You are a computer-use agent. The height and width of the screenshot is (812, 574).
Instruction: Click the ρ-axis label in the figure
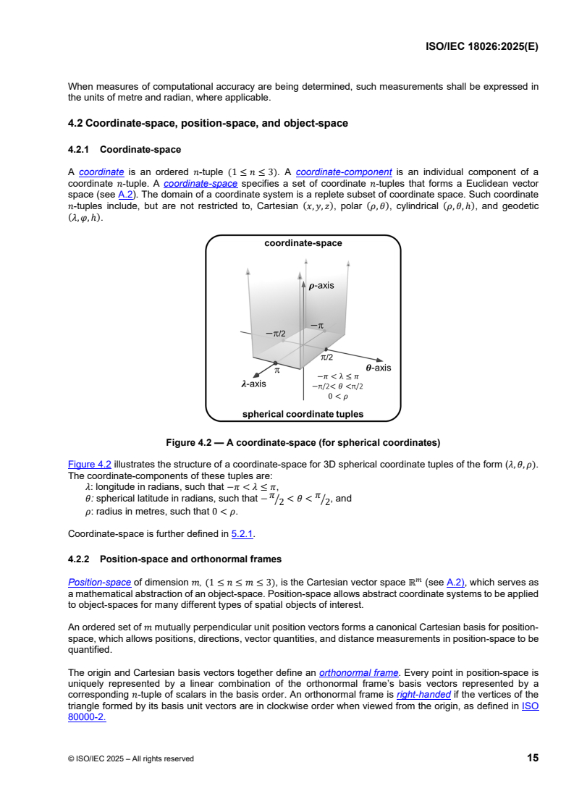click(x=319, y=286)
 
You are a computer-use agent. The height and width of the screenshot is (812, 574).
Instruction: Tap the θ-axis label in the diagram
click(x=378, y=368)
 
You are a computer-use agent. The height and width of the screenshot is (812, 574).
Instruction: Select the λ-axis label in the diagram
click(x=253, y=384)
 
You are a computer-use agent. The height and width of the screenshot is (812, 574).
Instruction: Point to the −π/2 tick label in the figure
click(x=276, y=333)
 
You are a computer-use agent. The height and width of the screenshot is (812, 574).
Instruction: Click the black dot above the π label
click(x=275, y=362)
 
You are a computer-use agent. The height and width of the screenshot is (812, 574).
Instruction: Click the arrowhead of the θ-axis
click(x=377, y=359)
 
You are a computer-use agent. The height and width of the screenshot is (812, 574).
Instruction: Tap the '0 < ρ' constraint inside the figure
click(x=338, y=397)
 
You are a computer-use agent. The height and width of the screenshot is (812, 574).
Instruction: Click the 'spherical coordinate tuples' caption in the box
click(x=303, y=414)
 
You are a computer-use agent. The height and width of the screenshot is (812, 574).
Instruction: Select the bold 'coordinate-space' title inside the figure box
click(x=303, y=244)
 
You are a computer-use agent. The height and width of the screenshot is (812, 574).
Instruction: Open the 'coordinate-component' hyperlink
click(x=344, y=172)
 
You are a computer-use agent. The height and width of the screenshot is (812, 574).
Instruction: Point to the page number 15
click(x=533, y=758)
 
